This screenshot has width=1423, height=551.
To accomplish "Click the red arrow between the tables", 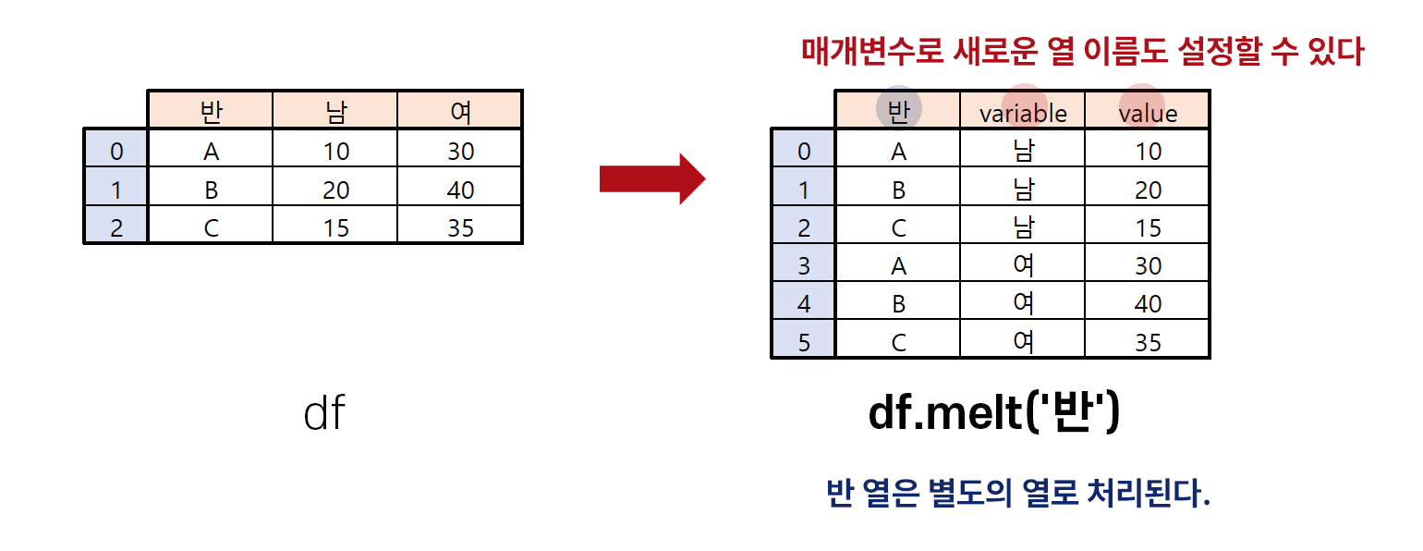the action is point(651,178).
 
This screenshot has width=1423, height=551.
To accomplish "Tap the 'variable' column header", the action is point(1023,113).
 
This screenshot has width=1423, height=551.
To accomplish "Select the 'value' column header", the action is point(1148,113).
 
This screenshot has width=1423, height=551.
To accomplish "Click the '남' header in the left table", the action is point(335,112).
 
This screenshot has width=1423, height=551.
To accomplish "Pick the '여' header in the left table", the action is point(460,112).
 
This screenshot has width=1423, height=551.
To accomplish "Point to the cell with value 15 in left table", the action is point(335,227).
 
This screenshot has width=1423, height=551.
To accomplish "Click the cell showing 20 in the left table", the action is point(335,190).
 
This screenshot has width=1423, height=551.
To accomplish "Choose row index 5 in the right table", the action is point(803,342).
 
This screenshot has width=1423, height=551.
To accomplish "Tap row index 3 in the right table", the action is point(803,266).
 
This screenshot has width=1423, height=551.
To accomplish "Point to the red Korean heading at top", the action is point(1082,52).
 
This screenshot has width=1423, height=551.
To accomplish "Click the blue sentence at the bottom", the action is point(1017,495).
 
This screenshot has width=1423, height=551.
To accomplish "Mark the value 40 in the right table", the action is point(1148,304).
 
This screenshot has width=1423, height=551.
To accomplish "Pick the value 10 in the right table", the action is point(1148,152).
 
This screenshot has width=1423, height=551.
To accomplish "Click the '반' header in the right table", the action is point(898,111).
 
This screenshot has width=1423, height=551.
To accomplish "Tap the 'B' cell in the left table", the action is point(211,190).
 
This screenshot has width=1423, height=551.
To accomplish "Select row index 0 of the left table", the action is point(116,151).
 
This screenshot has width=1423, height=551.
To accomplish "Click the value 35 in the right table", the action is point(1148,342).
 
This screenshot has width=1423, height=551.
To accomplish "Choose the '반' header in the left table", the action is point(211,112).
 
